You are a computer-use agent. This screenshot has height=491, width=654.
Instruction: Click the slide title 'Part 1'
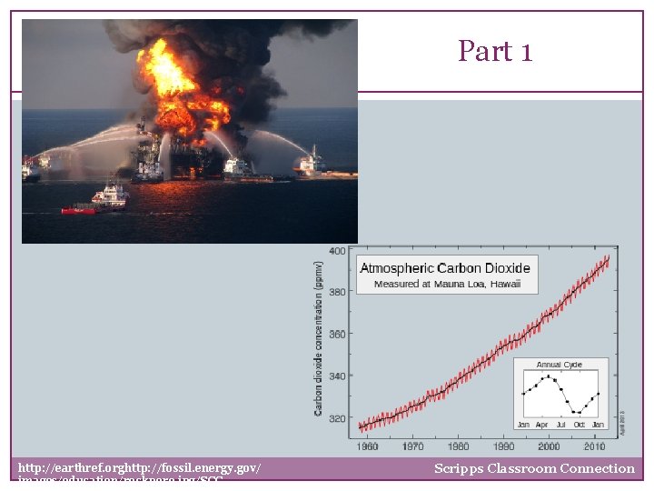(494, 52)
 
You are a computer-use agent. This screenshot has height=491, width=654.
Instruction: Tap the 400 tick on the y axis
(336, 251)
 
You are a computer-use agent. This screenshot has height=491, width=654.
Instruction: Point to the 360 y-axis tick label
(336, 335)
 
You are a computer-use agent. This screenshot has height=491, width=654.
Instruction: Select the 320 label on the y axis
(336, 419)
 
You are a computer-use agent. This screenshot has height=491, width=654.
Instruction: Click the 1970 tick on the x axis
(412, 447)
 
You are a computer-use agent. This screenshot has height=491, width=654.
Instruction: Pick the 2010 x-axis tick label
(594, 447)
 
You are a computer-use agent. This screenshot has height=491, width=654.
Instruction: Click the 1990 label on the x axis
(503, 447)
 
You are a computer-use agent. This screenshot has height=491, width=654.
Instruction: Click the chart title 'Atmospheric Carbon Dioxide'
(445, 268)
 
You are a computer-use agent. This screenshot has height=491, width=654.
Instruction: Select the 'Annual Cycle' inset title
(560, 366)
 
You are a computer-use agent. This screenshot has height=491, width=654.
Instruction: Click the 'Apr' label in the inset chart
(541, 425)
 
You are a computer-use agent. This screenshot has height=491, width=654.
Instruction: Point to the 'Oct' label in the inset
(579, 425)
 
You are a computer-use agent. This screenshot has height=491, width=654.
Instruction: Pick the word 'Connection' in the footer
(600, 469)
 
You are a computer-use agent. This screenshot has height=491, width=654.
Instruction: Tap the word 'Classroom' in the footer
(527, 469)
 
